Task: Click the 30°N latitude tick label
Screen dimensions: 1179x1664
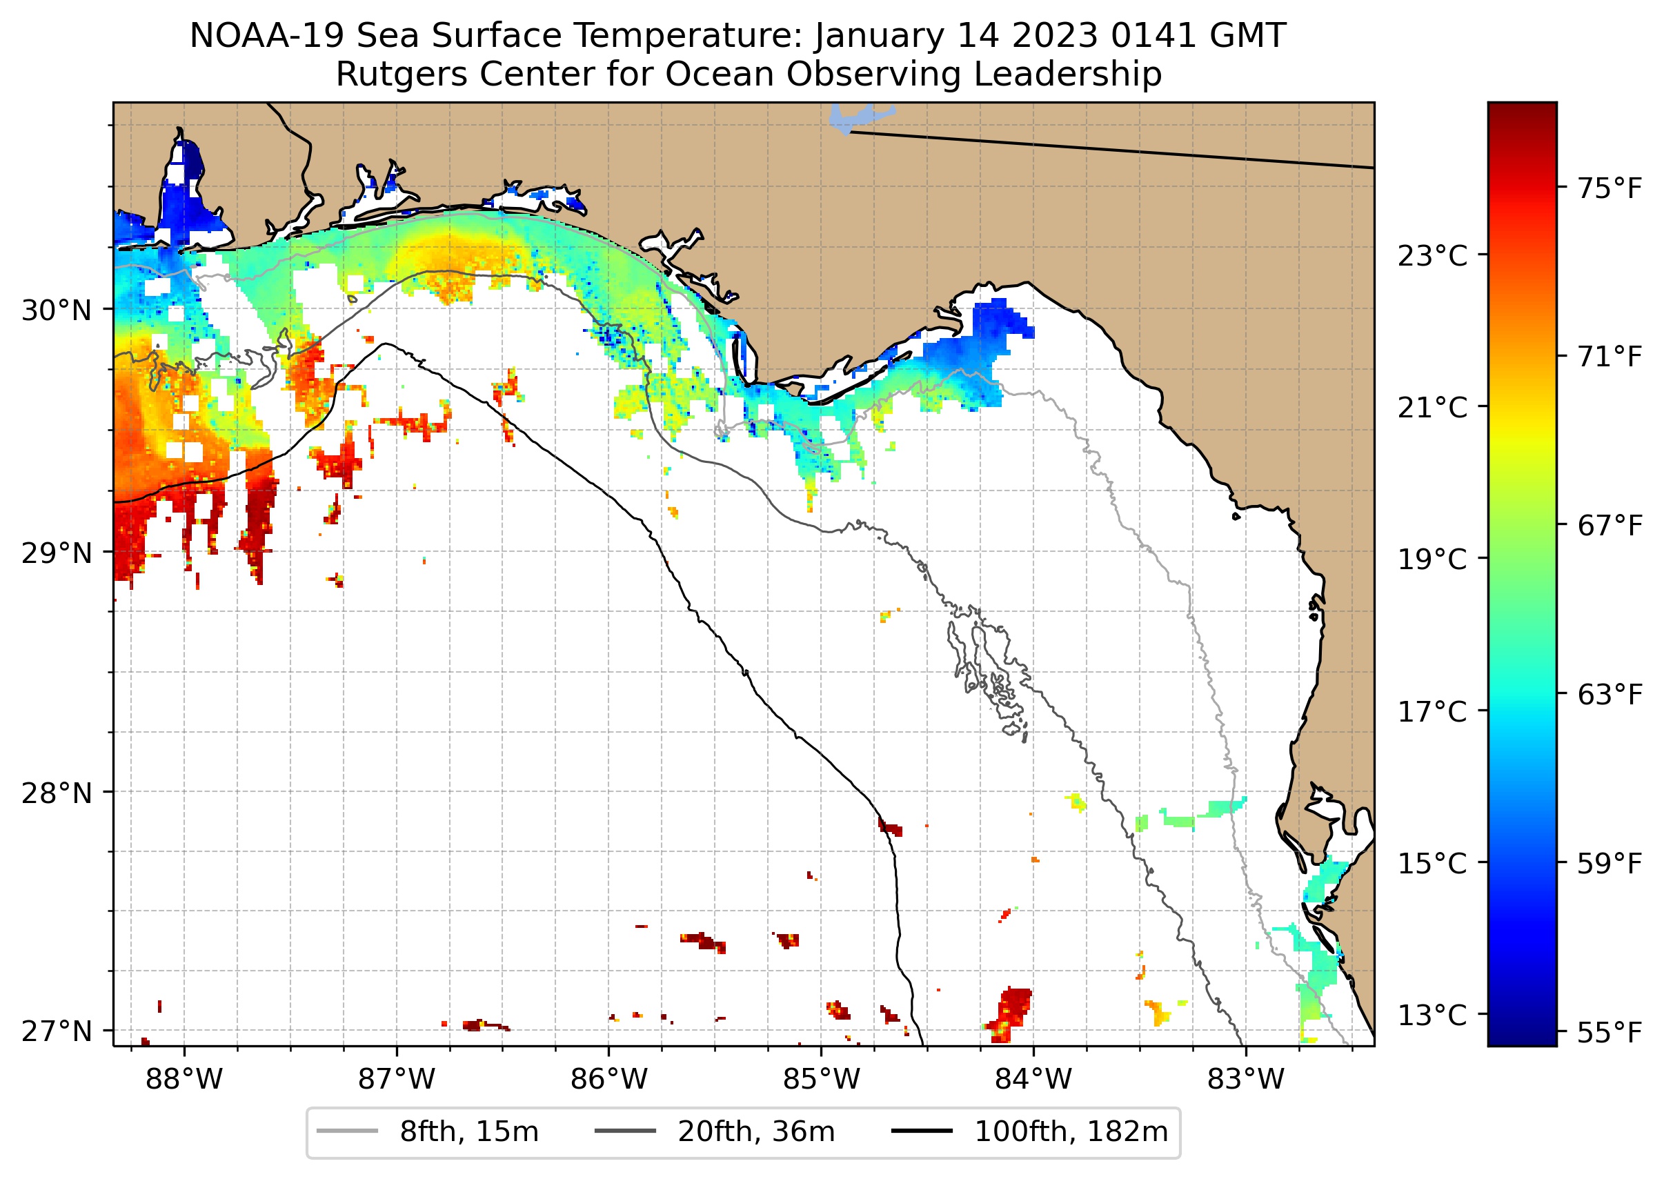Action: click(57, 310)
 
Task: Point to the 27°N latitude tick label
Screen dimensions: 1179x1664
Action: click(57, 1031)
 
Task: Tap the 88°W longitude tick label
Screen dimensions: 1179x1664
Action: click(184, 1080)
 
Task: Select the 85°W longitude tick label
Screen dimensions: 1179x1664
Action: click(821, 1080)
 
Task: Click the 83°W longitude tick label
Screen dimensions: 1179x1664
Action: click(1246, 1080)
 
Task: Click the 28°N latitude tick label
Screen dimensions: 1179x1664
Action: click(57, 793)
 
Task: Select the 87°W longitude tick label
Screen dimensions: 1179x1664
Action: click(397, 1080)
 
